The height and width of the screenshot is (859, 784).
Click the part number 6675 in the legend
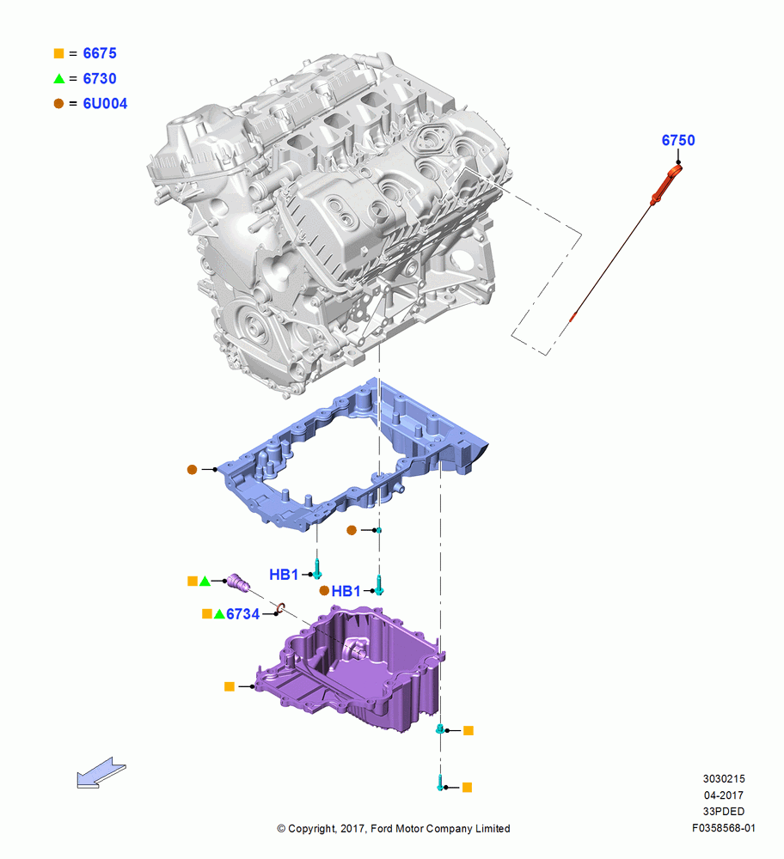pyautogui.click(x=100, y=53)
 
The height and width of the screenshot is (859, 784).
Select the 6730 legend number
pyautogui.click(x=100, y=78)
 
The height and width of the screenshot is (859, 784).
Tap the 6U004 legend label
pyautogui.click(x=105, y=104)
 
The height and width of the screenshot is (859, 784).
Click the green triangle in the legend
pyautogui.click(x=59, y=78)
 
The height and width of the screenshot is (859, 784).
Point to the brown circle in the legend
pyautogui.click(x=58, y=104)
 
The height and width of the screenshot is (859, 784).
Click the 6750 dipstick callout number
pyautogui.click(x=678, y=140)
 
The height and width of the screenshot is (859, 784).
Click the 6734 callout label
pyautogui.click(x=243, y=614)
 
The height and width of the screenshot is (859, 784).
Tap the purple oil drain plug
pyautogui.click(x=238, y=582)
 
